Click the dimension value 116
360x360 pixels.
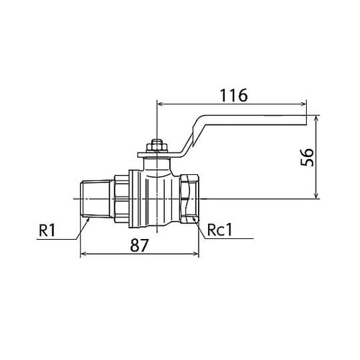coord(234,95)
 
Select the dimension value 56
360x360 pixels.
coord(307,157)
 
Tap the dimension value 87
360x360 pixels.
coord(140,246)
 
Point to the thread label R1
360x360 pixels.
coord(47,230)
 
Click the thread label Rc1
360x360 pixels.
coord(220,230)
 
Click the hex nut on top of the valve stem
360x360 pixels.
coord(156,145)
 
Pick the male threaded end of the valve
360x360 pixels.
coord(96,199)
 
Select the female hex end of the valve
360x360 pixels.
coord(189,199)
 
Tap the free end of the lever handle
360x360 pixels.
coord(306,120)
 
